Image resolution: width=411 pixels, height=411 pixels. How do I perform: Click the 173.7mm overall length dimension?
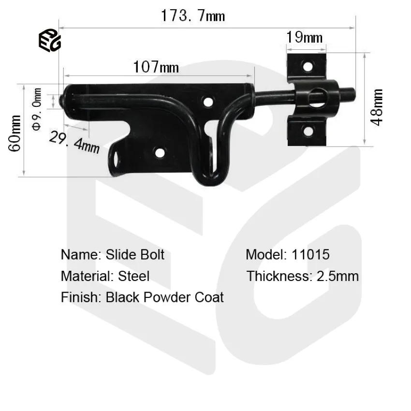[x=193, y=16]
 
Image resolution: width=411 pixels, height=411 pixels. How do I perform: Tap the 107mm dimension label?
[x=156, y=67]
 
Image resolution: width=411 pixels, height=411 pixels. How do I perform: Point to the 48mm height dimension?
[x=377, y=107]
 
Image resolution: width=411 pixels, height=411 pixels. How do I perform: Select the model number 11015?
[x=311, y=254]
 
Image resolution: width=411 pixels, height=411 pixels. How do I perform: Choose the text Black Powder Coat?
[x=164, y=297]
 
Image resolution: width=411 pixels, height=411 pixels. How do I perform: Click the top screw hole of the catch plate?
[x=307, y=65]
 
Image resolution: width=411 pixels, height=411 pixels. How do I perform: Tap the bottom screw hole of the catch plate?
[x=307, y=130]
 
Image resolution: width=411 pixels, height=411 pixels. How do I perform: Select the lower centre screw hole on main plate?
[x=159, y=154]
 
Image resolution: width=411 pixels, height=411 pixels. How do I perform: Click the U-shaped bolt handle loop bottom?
[x=209, y=179]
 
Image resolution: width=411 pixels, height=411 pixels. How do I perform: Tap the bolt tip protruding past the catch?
[x=350, y=93]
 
